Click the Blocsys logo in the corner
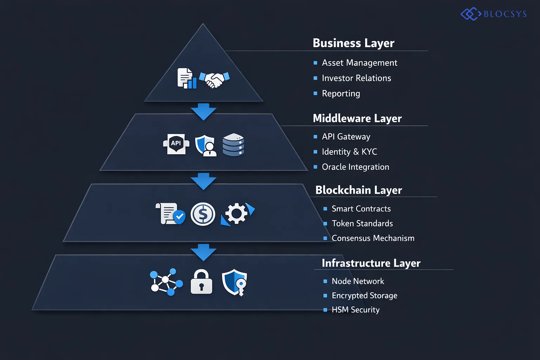point(494,14)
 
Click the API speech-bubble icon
point(176,144)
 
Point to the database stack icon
point(233,144)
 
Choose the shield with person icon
point(206,145)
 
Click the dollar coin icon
point(203,214)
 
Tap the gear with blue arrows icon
point(237,214)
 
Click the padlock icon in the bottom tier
point(201,282)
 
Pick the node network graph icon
point(166,282)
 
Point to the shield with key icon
point(234,282)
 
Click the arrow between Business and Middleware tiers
point(204,111)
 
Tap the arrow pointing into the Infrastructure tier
point(204,252)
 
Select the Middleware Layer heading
point(357,118)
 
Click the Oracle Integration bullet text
point(355,167)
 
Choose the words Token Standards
point(362,224)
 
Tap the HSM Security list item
point(355,310)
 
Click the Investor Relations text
point(356,78)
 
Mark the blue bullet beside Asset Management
point(315,63)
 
